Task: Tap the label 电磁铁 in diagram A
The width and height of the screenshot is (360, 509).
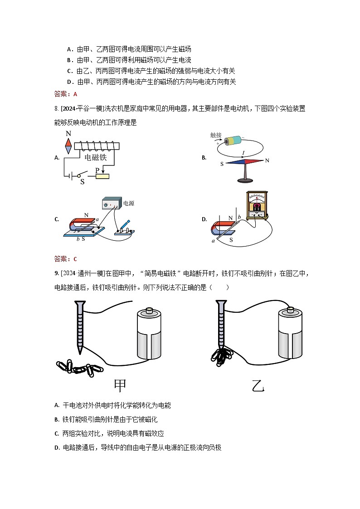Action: tap(96, 157)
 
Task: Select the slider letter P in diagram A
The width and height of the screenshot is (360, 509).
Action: tap(97, 170)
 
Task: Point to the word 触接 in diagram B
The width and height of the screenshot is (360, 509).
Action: tap(216, 135)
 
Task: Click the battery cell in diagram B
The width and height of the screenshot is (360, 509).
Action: tap(235, 140)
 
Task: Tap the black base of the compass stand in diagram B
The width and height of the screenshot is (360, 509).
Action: tap(245, 180)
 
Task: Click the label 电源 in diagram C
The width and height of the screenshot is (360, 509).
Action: tap(129, 204)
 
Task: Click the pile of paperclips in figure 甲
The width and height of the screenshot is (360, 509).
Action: tap(80, 367)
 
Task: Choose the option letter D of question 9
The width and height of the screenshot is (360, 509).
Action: tap(57, 447)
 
